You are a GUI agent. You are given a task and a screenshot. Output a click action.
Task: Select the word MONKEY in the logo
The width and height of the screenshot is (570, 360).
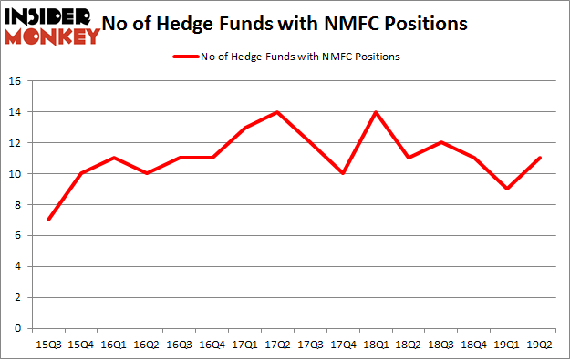(52, 36)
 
